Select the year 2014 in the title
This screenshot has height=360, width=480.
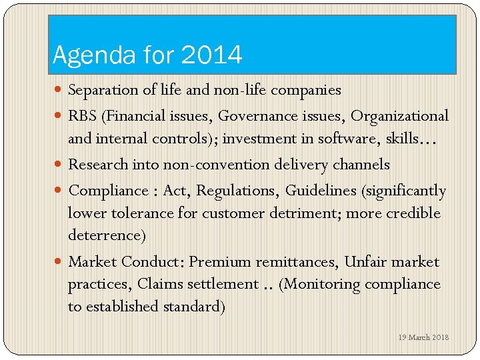(210, 55)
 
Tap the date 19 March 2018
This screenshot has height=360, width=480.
(423, 337)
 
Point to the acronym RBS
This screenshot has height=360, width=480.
(83, 116)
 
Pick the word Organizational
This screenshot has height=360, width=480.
(399, 116)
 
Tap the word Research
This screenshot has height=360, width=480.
(97, 164)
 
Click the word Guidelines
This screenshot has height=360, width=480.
(321, 191)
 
